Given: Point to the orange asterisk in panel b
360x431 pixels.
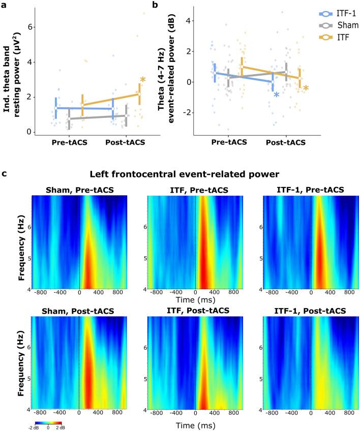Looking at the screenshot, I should pos(306,89).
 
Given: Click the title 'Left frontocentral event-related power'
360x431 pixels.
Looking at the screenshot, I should pos(190,174).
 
